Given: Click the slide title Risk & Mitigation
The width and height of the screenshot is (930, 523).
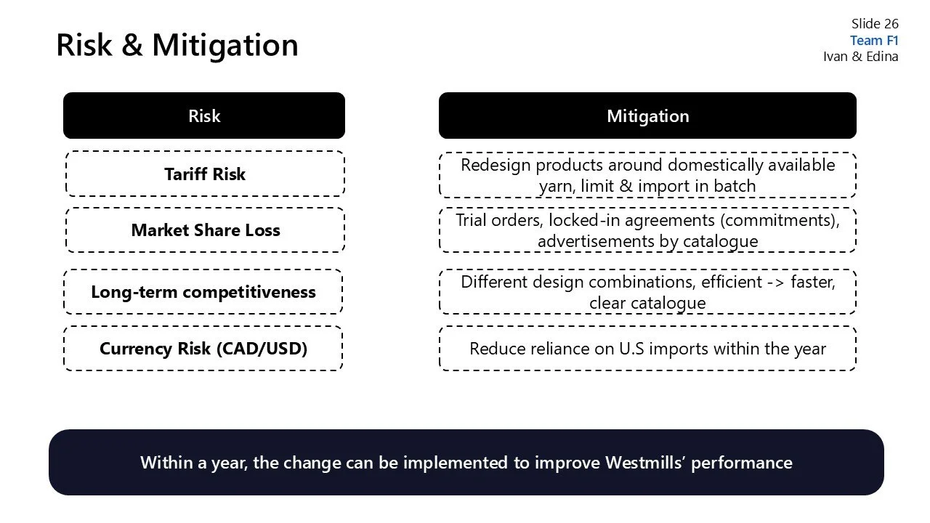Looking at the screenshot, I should pos(177,45).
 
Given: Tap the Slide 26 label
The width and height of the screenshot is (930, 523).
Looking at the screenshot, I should pos(875,24).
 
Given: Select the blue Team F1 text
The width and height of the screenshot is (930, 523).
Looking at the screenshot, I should pos(874,41).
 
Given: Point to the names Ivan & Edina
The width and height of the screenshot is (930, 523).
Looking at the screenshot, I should pos(860,57).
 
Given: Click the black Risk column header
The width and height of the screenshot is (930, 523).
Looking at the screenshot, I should pos(204,115).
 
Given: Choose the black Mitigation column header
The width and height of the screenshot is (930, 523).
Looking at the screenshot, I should pos(647,115).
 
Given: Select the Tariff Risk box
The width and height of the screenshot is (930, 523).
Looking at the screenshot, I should pos(205,174).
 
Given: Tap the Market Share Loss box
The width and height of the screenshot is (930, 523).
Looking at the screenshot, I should pos(205,230).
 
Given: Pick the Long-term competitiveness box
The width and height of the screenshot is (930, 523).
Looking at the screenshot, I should pos(203,292).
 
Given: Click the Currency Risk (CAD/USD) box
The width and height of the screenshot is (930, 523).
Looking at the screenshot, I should pos(203,349).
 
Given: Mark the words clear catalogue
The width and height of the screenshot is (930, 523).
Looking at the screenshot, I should pos(647,303).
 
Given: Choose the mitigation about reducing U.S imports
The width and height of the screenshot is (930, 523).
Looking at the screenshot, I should pos(647,349).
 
